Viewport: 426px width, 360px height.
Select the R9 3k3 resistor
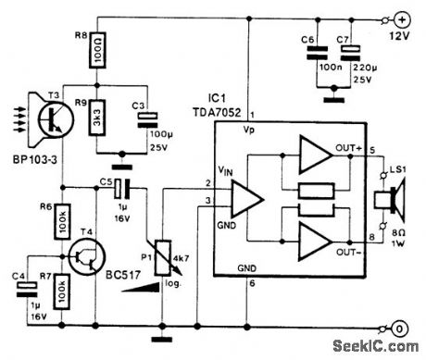click(100, 123)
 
